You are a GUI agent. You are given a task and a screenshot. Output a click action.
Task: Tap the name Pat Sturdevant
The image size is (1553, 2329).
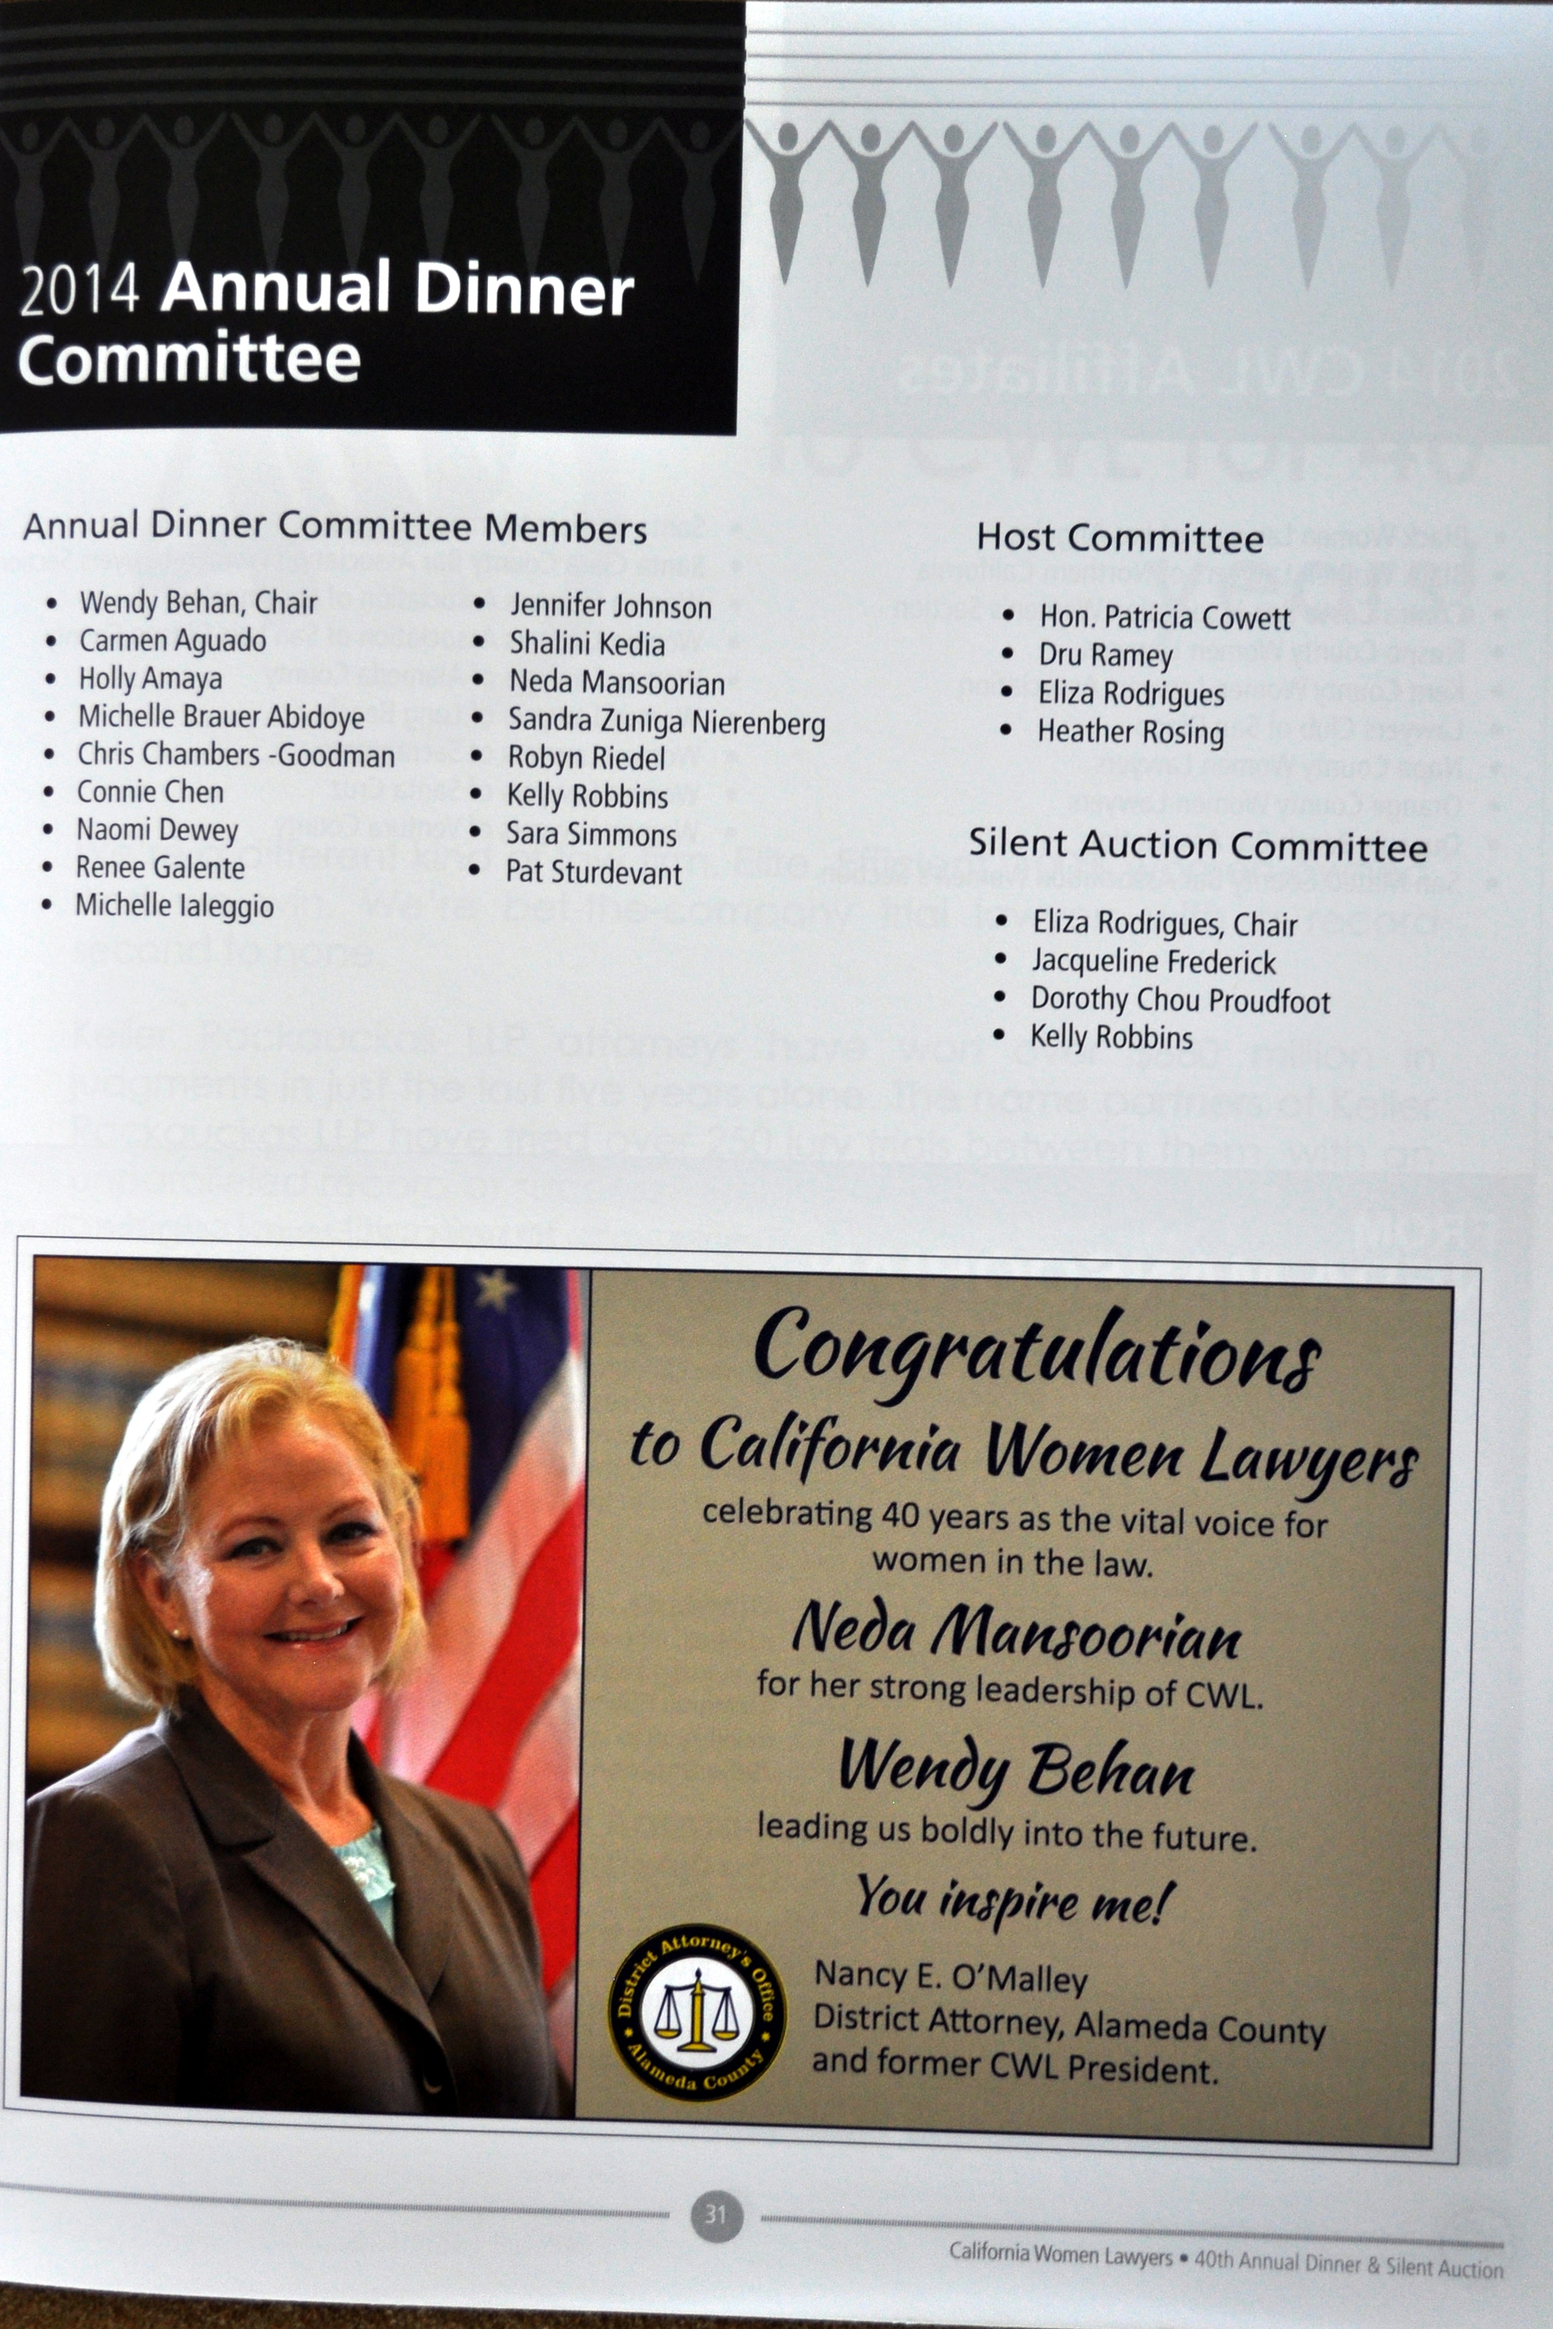(593, 873)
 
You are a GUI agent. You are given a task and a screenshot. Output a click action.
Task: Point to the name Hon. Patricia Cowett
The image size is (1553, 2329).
(1164, 618)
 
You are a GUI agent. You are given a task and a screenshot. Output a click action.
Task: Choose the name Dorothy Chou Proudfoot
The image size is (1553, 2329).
(1180, 1000)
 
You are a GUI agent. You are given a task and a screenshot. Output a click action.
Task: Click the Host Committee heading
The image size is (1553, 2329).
(1119, 538)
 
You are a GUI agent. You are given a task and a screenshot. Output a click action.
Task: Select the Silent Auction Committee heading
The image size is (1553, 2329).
(1197, 844)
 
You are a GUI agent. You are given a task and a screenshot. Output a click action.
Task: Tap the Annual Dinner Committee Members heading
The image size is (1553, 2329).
(335, 527)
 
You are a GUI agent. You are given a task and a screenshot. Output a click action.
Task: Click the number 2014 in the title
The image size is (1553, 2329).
(79, 292)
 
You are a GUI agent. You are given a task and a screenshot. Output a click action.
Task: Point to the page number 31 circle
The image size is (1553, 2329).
(716, 2212)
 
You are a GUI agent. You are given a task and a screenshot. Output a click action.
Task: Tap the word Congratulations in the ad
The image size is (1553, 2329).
(1037, 1353)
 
